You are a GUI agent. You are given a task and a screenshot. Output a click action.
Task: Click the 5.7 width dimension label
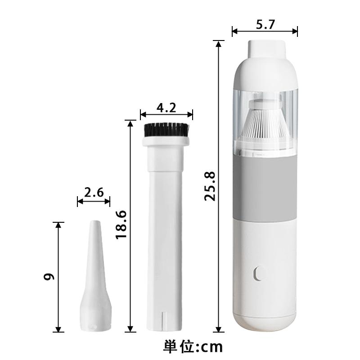tap(265, 25)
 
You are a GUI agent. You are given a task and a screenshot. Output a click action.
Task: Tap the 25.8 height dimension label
tap(210, 186)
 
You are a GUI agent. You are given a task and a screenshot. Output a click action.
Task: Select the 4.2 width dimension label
tap(166, 108)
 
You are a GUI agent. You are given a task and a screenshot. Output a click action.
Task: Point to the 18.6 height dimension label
tap(121, 225)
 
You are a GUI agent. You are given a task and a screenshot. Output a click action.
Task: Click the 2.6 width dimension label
tap(94, 193)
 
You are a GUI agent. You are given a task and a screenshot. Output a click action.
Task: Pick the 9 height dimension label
tap(49, 277)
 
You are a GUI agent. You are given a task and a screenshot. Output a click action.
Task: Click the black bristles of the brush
tap(166, 130)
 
